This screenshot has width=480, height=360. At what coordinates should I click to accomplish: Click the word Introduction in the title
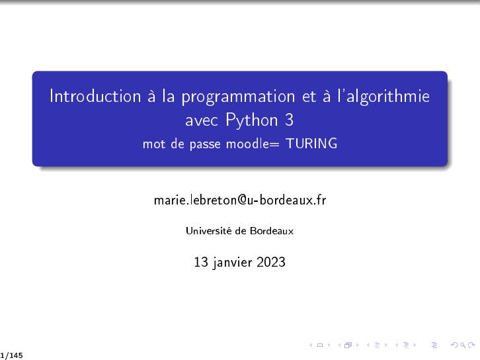[95, 95]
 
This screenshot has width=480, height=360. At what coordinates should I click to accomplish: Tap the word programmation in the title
[238, 97]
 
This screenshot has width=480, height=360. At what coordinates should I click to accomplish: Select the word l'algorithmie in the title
[383, 97]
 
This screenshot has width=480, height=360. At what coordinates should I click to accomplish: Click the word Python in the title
[252, 120]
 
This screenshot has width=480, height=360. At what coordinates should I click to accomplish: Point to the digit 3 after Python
[290, 120]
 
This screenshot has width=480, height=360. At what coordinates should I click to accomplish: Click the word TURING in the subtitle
[311, 144]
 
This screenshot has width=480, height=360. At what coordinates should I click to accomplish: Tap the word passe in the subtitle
[205, 145]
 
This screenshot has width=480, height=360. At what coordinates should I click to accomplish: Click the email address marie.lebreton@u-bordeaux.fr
[240, 200]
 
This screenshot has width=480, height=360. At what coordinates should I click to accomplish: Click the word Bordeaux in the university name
[272, 231]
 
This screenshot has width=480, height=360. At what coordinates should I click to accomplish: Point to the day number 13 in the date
[201, 262]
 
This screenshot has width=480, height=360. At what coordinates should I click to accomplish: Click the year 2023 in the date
[271, 262]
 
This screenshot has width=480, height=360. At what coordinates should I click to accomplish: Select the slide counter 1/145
[12, 355]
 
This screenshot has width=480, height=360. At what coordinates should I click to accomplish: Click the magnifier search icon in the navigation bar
[463, 345]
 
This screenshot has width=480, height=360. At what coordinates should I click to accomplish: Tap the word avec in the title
[202, 121]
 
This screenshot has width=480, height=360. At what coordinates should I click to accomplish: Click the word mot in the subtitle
[154, 144]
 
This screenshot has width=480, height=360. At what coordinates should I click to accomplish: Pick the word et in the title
[309, 96]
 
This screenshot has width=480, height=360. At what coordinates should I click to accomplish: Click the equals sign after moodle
[274, 144]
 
